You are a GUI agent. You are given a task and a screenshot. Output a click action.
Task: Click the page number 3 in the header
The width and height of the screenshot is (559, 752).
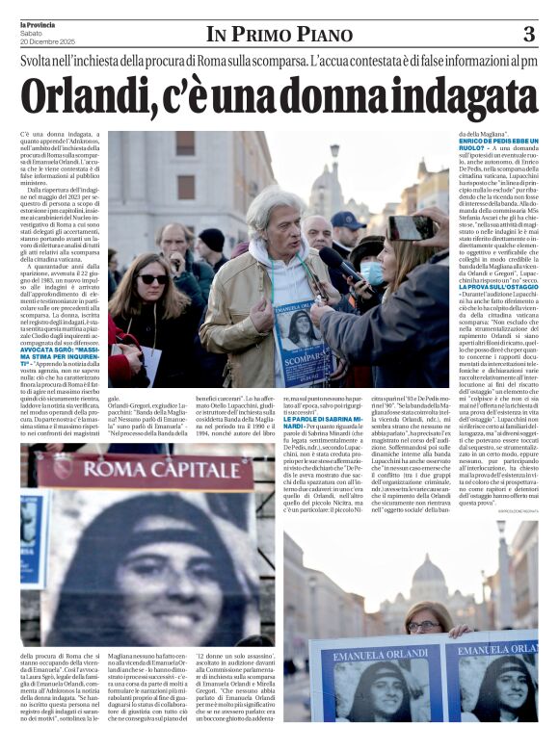click(x=528, y=35)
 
